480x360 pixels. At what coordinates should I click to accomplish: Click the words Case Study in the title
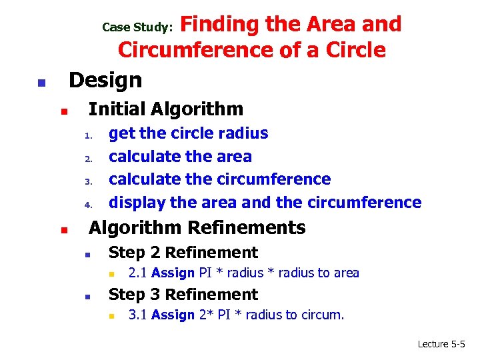pyautogui.click(x=137, y=27)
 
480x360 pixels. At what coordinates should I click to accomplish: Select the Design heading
pyautogui.click(x=105, y=80)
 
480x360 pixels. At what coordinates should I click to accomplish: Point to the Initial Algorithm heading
pyautogui.click(x=166, y=109)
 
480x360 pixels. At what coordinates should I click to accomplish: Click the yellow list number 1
pyautogui.click(x=87, y=137)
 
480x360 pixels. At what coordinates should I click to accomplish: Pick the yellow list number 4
pyautogui.click(x=87, y=205)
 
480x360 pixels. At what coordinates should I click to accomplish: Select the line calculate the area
pyautogui.click(x=180, y=157)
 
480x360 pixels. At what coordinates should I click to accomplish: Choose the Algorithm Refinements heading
pyautogui.click(x=197, y=228)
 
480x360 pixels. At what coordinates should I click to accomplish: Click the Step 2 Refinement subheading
pyautogui.click(x=183, y=253)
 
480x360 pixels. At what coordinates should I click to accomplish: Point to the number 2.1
pyautogui.click(x=138, y=273)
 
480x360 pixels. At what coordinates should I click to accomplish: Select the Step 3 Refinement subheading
pyautogui.click(x=183, y=295)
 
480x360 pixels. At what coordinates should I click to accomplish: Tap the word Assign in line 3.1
pyautogui.click(x=173, y=315)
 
